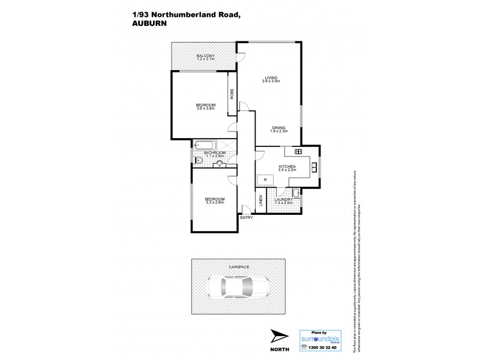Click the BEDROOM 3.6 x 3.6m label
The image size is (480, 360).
[205, 106]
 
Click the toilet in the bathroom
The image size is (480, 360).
[197, 159]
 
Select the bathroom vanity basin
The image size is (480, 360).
[220, 163]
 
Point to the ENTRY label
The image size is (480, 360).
[246, 217]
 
